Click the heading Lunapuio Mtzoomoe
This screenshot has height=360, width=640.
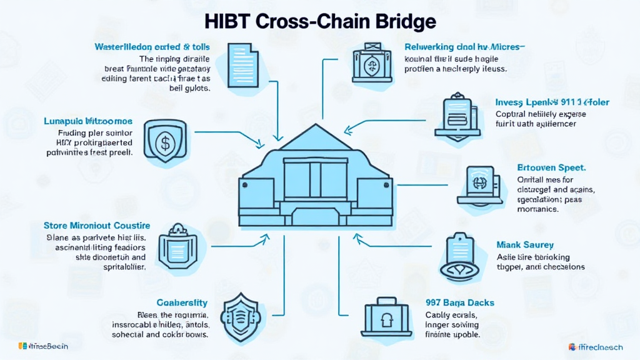tap(87, 120)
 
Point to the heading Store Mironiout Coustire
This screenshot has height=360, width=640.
tap(96, 225)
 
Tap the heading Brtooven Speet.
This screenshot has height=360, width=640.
tap(551, 167)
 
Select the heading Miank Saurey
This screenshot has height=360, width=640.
tap(525, 245)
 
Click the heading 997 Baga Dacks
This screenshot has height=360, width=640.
tap(459, 302)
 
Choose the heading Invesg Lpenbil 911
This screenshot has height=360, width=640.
tap(552, 102)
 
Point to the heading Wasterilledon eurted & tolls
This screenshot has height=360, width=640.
tap(152, 47)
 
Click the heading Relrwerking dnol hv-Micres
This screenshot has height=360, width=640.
tap(465, 47)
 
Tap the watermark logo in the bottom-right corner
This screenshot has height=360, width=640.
tap(601, 347)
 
